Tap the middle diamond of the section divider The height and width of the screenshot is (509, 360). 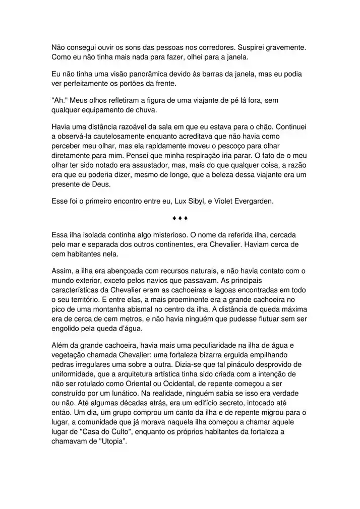click(180, 218)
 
